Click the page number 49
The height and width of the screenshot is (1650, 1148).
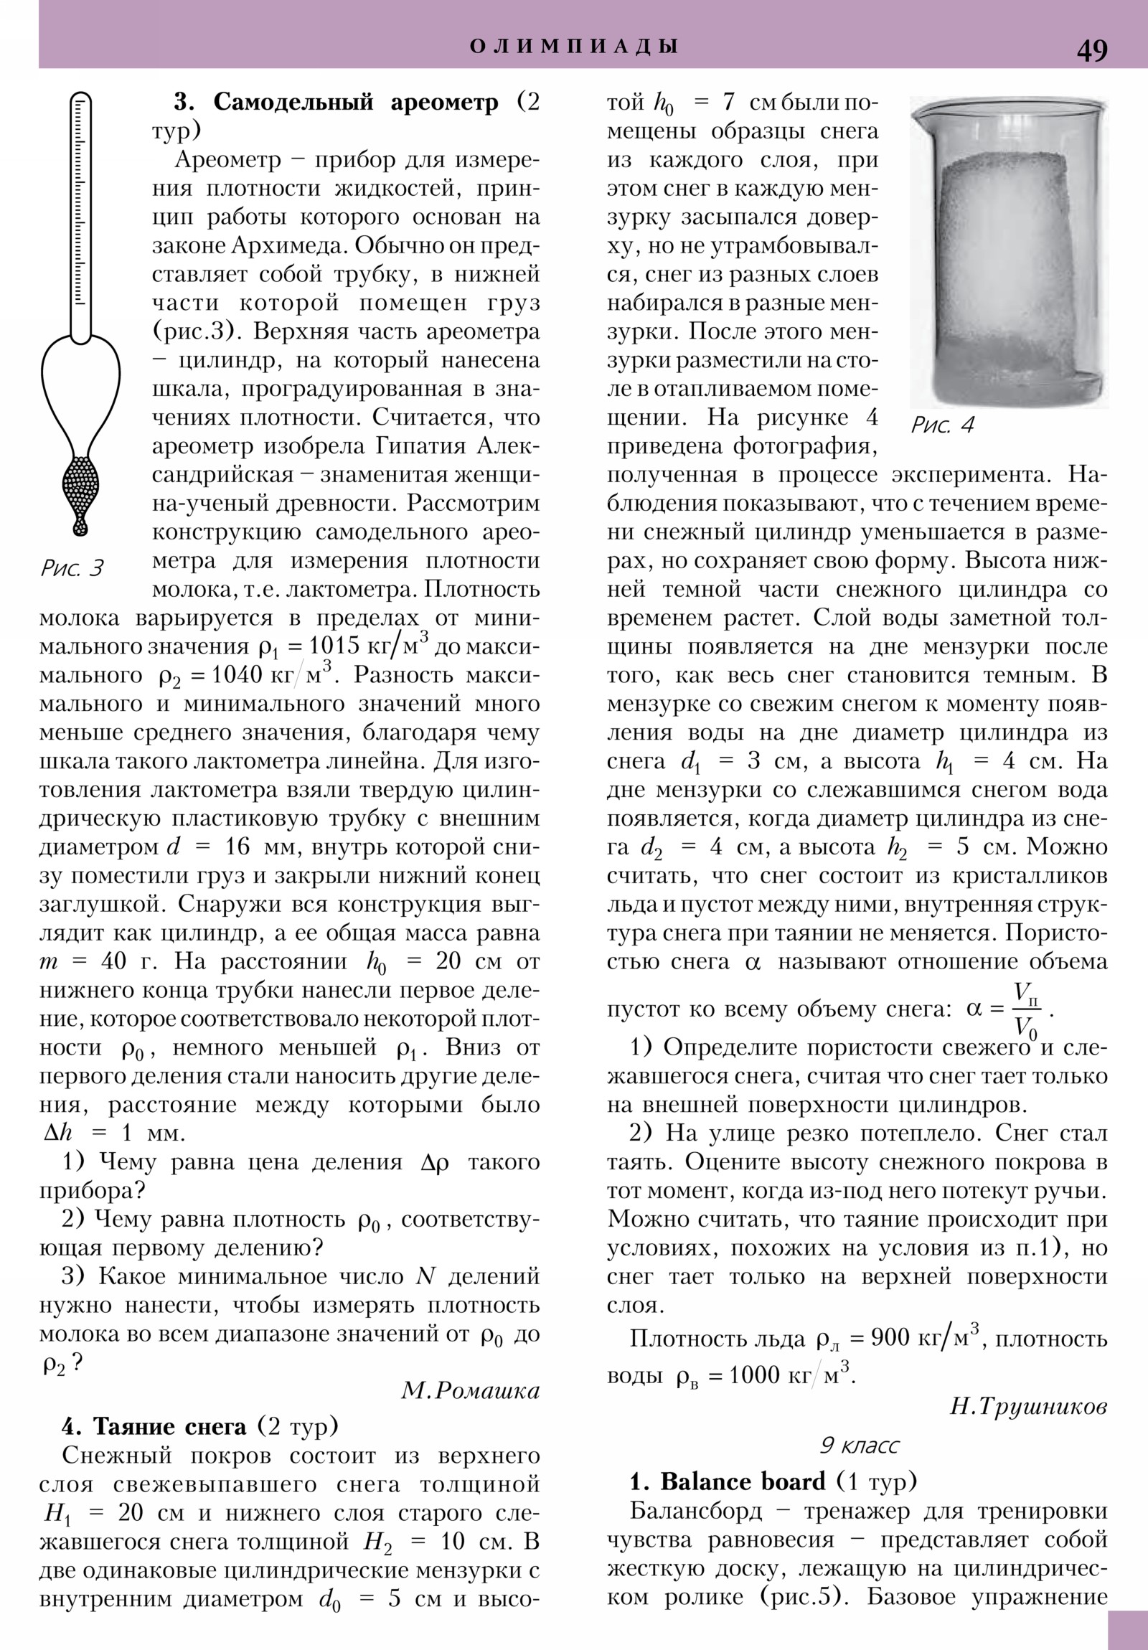tap(1091, 50)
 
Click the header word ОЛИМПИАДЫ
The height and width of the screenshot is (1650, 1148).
tap(573, 47)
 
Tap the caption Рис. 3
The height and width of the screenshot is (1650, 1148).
tap(72, 568)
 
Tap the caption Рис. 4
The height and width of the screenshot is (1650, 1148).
tap(941, 425)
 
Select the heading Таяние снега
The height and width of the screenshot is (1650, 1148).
tap(170, 1425)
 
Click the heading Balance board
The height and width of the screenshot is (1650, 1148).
tap(743, 1482)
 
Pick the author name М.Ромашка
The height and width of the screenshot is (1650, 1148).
tap(470, 1390)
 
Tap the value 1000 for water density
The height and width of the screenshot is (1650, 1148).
tap(754, 1375)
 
